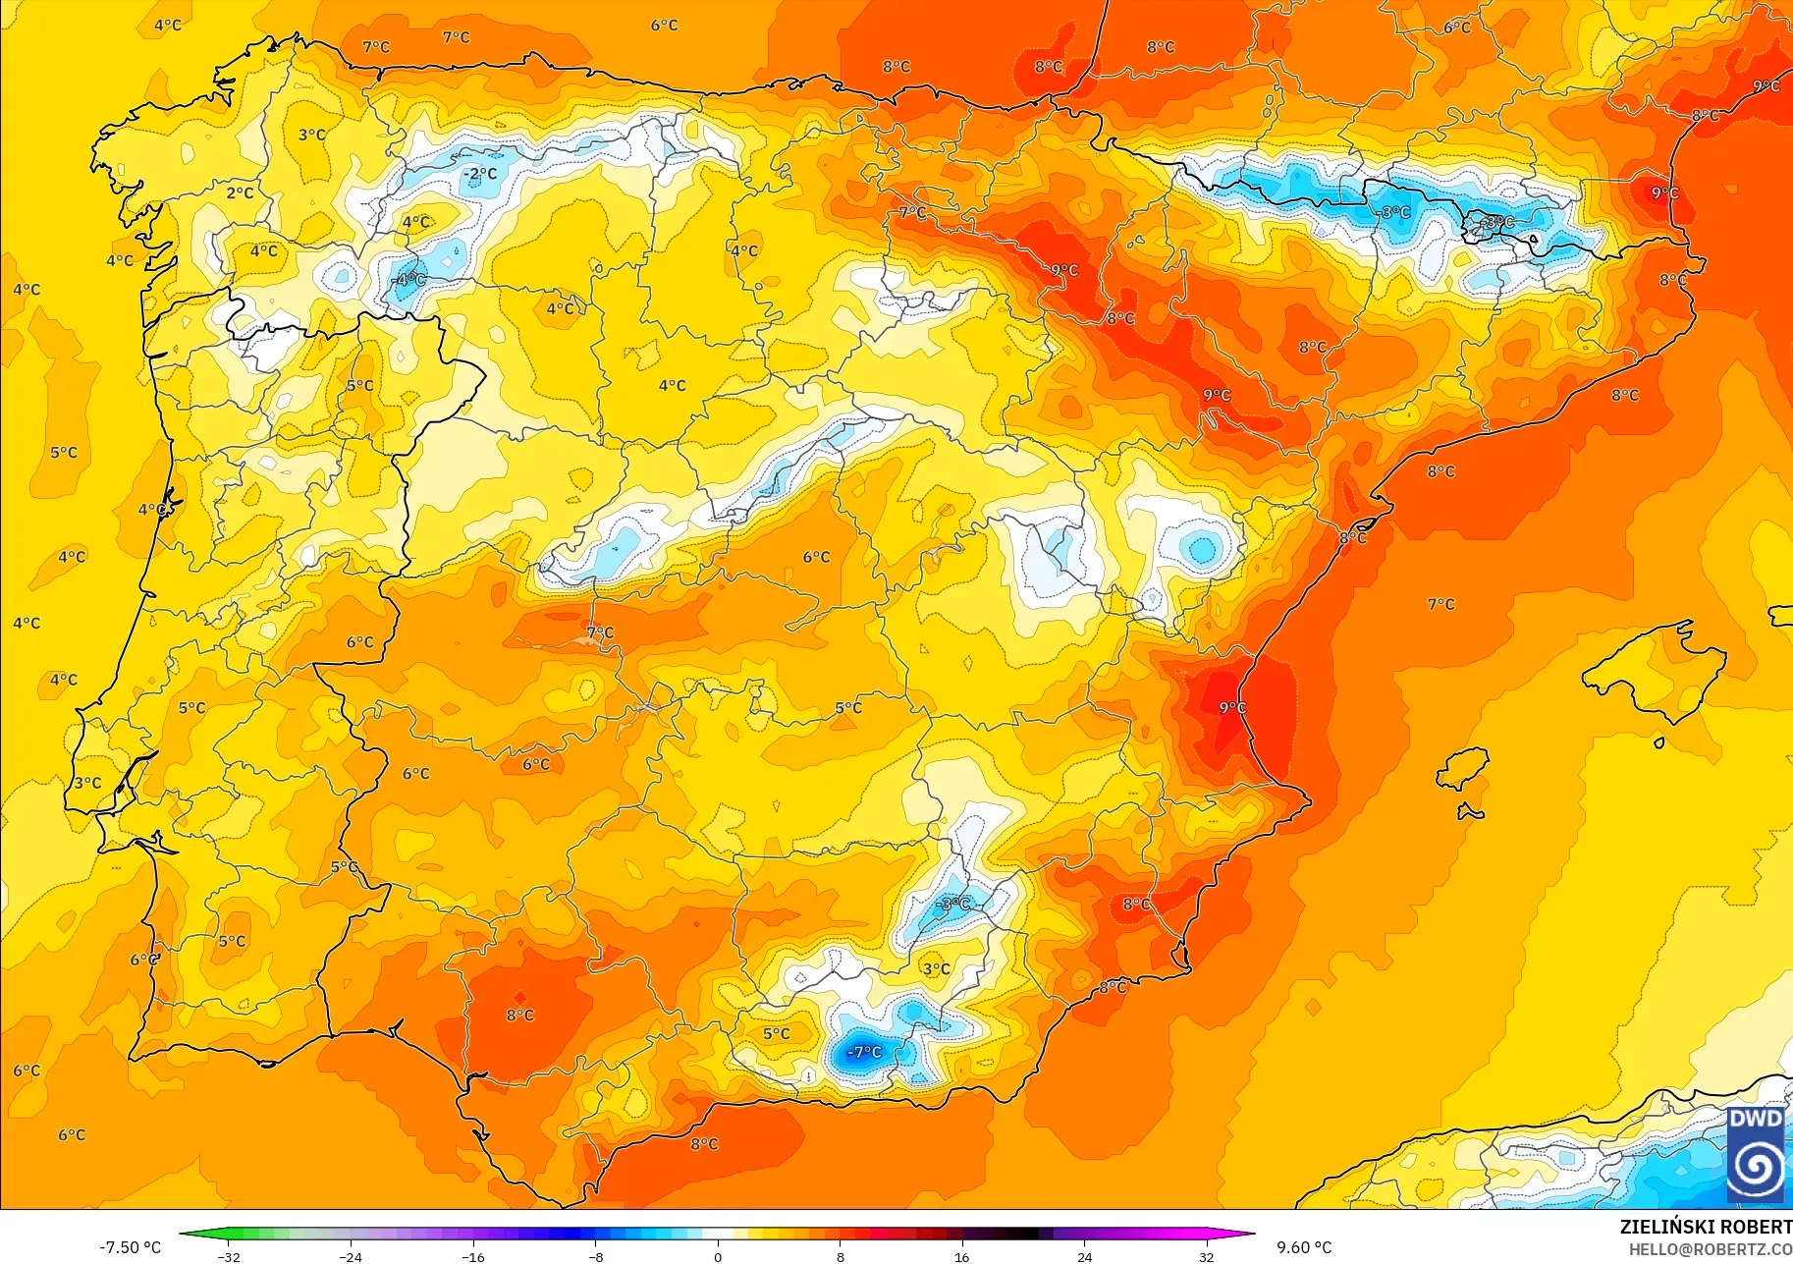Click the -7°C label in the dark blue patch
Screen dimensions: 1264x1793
tap(864, 1052)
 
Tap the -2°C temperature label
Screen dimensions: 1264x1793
tap(480, 174)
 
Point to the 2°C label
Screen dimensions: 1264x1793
tap(240, 192)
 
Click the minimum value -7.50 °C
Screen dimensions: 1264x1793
tap(130, 1247)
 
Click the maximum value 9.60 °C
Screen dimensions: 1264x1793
tap(1304, 1247)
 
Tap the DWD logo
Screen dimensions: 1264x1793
tap(1756, 1154)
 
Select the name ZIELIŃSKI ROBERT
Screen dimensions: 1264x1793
tap(1706, 1227)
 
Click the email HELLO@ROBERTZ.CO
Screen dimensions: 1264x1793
tap(1711, 1250)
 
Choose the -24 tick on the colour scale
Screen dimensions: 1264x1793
tap(351, 1256)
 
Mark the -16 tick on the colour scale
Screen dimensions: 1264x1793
tap(473, 1256)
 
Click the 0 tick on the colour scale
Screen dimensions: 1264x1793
tap(718, 1256)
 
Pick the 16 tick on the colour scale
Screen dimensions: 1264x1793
tap(961, 1256)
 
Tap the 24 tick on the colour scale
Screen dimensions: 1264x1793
tap(1084, 1256)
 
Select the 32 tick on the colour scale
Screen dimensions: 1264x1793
tap(1206, 1256)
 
